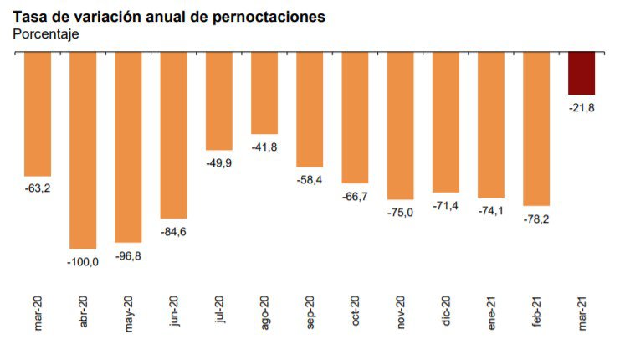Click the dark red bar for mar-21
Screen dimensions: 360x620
coord(582,73)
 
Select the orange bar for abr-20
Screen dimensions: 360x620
coord(83,150)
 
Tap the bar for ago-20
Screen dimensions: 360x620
coord(264,93)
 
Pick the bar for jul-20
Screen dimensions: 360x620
coord(219,100)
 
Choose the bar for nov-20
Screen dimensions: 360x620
coord(400,126)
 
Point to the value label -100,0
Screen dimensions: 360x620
coord(83,262)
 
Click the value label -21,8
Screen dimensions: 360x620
coord(582,107)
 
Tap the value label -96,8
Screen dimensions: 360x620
coord(128,255)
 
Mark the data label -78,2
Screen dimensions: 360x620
coord(536,219)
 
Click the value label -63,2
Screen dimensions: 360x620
coord(38,188)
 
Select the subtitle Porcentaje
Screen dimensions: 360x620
coord(45,34)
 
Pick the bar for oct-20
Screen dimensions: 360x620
coord(355,117)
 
